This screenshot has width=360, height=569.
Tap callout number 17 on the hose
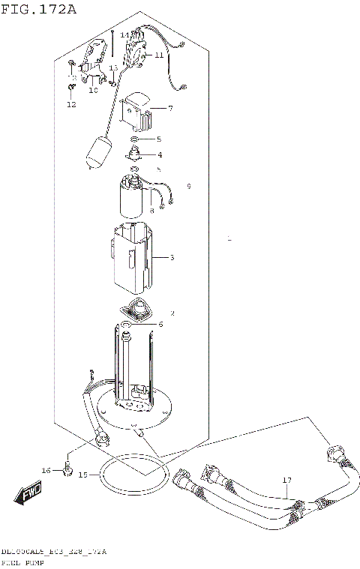point(286,480)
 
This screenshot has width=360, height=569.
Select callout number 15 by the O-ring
point(82,475)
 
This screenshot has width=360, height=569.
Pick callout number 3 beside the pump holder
point(172,258)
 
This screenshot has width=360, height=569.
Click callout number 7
point(170,109)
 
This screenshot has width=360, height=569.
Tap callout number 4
point(159,155)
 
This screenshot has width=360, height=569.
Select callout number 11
point(159,55)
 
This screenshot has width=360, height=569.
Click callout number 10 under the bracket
point(94,90)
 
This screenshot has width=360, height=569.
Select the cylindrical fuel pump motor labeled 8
point(133,196)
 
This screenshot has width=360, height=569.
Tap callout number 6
point(159,325)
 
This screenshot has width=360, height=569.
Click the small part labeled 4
point(135,154)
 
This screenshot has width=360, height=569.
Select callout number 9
point(189,186)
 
